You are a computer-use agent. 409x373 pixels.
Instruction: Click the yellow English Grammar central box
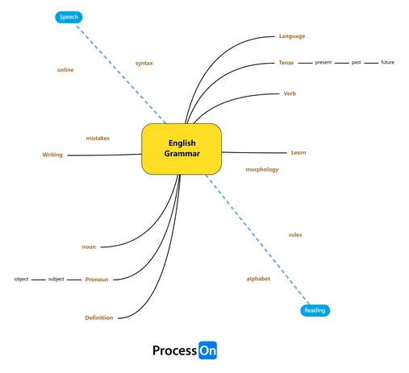182,149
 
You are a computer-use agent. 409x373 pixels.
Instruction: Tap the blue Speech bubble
69,17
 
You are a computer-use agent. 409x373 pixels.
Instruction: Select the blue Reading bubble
315,310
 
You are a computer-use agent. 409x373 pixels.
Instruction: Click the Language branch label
292,36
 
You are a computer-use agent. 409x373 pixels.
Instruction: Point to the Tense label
286,63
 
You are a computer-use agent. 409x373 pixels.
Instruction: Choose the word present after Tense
323,63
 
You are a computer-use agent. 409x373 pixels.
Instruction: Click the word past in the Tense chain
356,63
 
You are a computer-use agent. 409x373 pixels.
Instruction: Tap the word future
387,62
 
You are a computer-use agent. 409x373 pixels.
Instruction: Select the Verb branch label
290,93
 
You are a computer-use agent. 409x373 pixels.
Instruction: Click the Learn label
298,152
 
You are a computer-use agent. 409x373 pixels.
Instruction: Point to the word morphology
262,169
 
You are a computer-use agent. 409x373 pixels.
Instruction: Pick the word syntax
144,64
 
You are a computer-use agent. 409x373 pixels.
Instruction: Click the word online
65,70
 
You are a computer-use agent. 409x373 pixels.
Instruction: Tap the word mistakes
98,139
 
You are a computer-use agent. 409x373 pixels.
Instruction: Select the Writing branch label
52,155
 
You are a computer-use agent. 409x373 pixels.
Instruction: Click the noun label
89,247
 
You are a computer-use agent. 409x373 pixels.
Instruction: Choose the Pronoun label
97,280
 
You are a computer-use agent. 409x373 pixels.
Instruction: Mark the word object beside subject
21,280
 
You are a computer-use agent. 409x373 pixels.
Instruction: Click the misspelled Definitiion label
99,318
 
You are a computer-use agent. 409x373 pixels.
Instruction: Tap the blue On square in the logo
207,350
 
